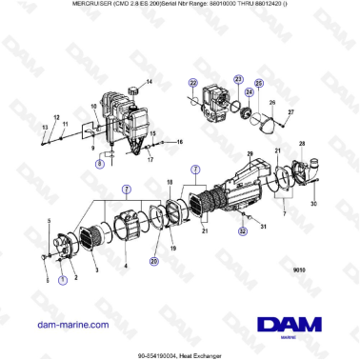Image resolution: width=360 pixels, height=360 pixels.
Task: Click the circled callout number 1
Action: coord(63,280)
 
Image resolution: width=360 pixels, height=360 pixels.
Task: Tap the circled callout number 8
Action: coord(100,163)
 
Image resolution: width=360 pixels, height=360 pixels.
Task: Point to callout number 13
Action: coord(43,125)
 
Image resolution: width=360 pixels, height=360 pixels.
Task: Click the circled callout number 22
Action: coord(192,82)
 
